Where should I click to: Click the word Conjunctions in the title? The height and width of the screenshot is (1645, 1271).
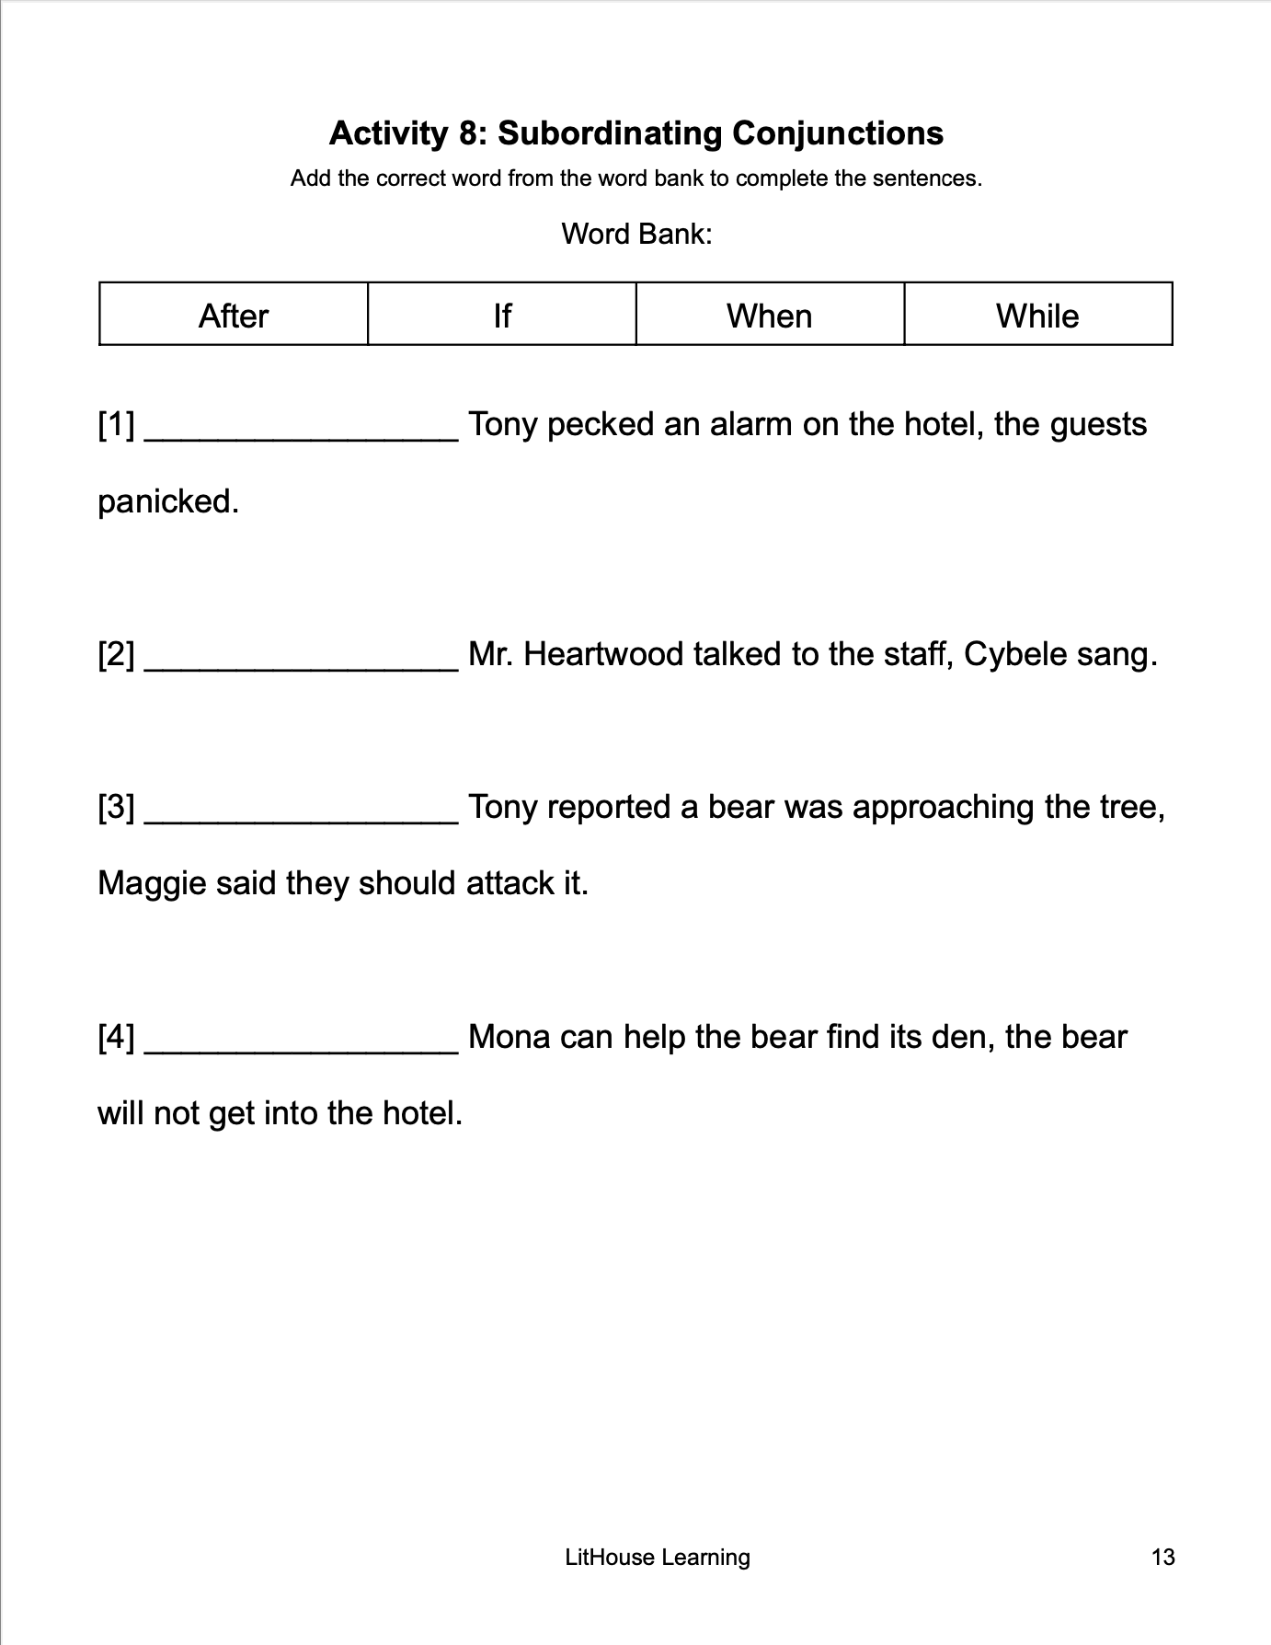(x=837, y=133)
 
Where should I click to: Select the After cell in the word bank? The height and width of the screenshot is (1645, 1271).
(x=234, y=316)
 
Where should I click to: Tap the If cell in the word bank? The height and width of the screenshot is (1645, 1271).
(x=502, y=316)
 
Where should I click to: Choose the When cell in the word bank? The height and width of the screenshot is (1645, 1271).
(x=770, y=316)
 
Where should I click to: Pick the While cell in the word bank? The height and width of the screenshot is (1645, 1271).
(x=1037, y=316)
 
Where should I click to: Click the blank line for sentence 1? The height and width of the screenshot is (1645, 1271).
(x=302, y=432)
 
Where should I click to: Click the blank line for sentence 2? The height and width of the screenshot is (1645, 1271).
(x=302, y=662)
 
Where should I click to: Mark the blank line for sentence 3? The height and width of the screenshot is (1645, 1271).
(x=302, y=815)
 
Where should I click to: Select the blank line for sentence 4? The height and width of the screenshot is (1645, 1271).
(x=302, y=1045)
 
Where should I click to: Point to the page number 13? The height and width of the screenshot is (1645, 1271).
(x=1162, y=1557)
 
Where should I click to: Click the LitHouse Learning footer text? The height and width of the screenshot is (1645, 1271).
(x=658, y=1557)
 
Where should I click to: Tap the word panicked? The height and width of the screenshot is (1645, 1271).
(x=168, y=501)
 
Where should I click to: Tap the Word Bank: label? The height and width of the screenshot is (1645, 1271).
(x=636, y=234)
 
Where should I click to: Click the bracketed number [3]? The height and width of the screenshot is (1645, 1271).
(x=116, y=808)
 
